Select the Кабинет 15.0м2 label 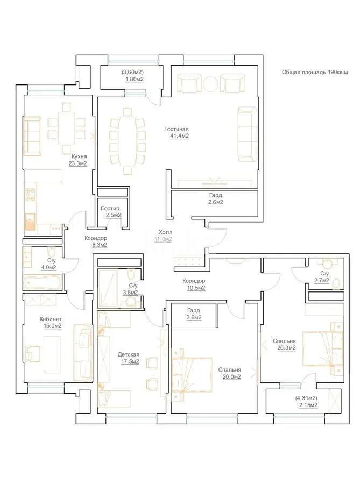pos(51,322)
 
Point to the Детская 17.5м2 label pos(129,358)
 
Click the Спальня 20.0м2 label pos(229,373)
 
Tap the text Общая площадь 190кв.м pos(315,72)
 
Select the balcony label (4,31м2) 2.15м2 pos(305,401)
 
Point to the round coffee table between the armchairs pos(210,83)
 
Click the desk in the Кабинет pos(52,353)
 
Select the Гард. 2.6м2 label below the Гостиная pos(216,199)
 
